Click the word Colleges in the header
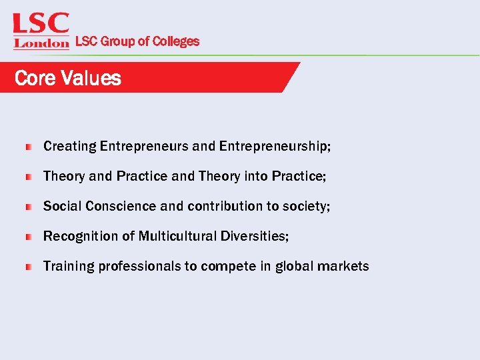point(175,41)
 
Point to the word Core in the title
point(35,78)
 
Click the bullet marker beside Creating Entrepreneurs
point(29,147)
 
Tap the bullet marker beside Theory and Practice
point(29,177)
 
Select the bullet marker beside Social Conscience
point(29,207)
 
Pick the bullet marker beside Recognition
point(29,237)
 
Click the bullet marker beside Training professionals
point(29,267)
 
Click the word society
point(305,206)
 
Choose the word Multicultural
point(178,236)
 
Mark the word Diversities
point(255,236)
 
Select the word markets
point(343,266)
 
